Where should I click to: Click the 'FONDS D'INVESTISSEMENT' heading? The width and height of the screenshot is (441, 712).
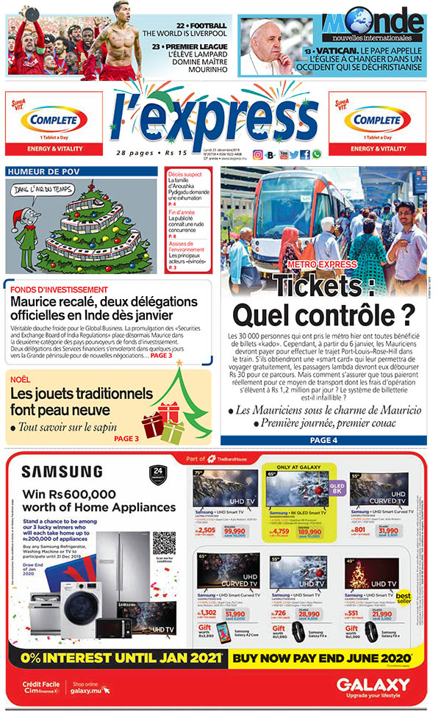(x=60, y=290)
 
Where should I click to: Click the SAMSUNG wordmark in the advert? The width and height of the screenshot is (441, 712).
(x=62, y=472)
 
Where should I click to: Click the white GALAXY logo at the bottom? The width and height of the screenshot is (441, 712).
(x=373, y=685)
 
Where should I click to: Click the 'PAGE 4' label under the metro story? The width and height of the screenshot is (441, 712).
(x=323, y=440)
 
